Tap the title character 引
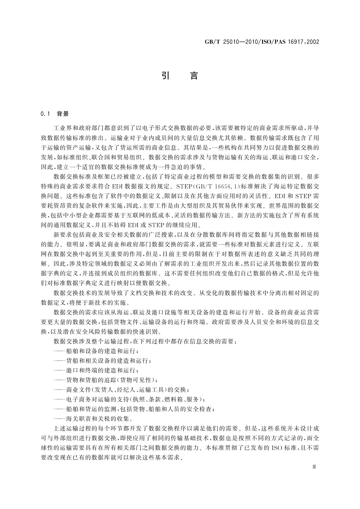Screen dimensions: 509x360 click(165, 75)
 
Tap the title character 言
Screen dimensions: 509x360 click(194, 75)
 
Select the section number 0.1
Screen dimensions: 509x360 click(45, 114)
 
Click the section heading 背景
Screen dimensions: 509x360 click(63, 114)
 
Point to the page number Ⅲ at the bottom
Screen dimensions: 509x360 click(314, 467)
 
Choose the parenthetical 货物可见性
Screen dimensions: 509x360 click(137, 380)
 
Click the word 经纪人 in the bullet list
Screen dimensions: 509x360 click(125, 390)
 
